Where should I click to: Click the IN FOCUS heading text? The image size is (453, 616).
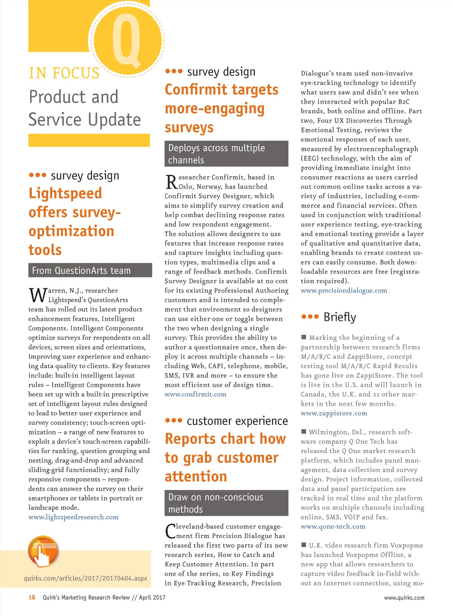point(64,73)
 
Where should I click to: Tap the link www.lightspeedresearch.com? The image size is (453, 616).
point(73,517)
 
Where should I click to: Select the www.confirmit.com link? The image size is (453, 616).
point(196,394)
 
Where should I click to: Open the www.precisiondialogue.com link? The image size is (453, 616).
point(344,290)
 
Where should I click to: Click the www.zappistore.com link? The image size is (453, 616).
point(334,413)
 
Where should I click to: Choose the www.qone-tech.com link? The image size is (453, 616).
point(333,527)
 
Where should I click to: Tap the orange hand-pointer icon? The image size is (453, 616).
point(43,551)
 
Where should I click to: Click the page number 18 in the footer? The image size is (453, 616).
point(32,597)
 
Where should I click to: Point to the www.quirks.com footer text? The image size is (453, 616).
point(404,598)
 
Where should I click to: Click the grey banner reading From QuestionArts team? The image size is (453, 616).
point(90,270)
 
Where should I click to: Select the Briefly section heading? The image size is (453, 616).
point(339,317)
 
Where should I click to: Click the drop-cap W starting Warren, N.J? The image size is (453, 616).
point(38,295)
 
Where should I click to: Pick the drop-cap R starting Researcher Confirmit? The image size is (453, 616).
point(171,181)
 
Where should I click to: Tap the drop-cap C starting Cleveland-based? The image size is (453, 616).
point(170,531)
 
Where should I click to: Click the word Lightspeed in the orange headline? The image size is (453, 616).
point(65,193)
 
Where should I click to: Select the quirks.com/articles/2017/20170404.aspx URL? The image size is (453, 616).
point(85,578)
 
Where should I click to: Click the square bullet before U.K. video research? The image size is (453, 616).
point(304,545)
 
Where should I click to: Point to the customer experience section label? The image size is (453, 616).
point(237,421)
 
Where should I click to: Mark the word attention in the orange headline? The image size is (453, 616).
point(196,477)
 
